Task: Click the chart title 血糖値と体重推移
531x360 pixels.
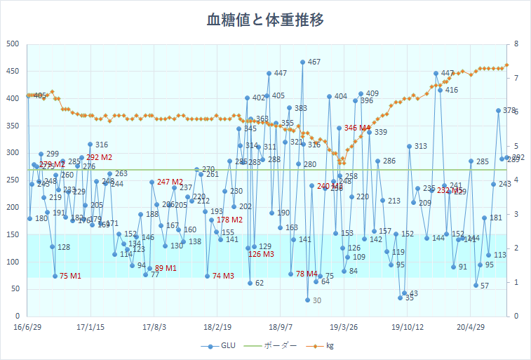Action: click(265, 20)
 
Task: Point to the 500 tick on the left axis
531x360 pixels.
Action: click(13, 44)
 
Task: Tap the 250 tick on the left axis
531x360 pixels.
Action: click(13, 180)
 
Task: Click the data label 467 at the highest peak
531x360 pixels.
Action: click(314, 62)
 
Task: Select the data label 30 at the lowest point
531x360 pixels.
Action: click(316, 300)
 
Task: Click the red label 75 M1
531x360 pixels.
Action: click(70, 276)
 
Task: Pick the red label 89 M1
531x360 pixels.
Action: click(166, 269)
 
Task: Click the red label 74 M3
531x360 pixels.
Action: click(223, 276)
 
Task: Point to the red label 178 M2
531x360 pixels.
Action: click(229, 220)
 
